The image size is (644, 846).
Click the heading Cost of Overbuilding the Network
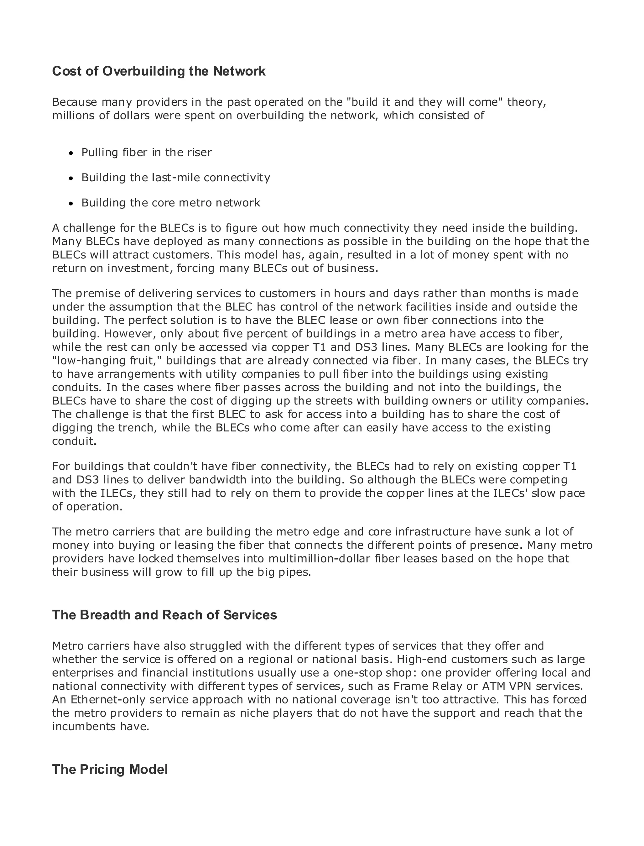tap(159, 71)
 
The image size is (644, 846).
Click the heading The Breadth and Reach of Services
tap(164, 615)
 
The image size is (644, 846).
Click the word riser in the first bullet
tap(199, 153)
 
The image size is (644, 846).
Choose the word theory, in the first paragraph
tap(527, 102)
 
